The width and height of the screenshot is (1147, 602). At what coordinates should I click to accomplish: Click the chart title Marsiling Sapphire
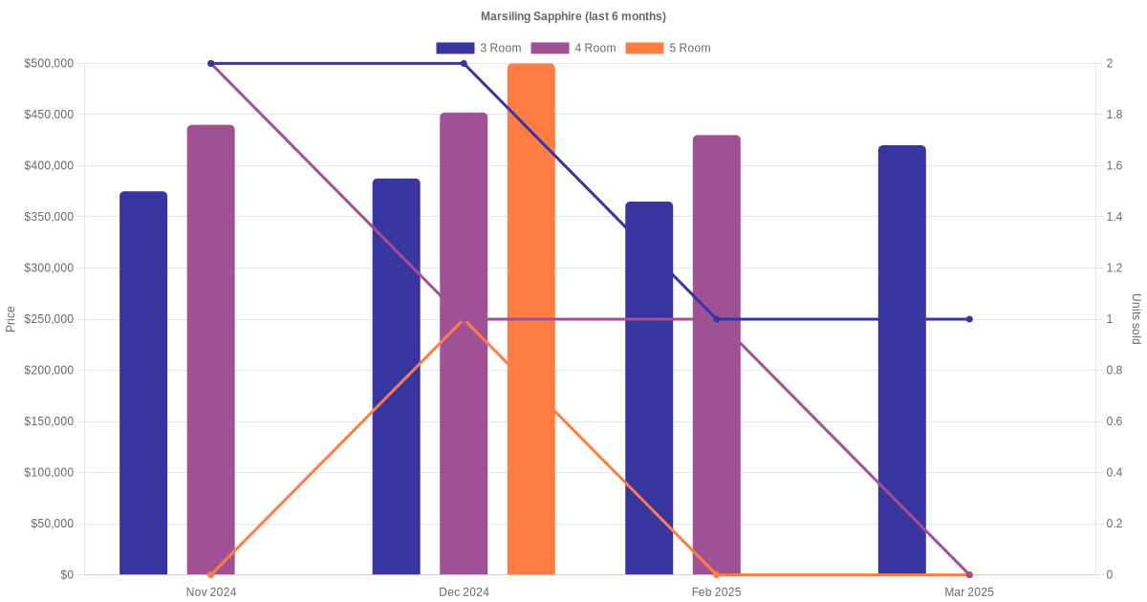coord(573,16)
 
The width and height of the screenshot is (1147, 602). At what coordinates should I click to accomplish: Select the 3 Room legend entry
coord(478,48)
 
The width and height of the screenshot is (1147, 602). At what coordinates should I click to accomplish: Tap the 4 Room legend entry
coord(573,48)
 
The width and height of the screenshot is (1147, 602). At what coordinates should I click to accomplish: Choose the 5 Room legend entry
coord(667,48)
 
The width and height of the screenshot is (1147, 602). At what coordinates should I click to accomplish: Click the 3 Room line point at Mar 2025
coord(969,319)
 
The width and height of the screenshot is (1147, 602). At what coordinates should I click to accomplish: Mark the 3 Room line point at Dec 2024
coord(464,64)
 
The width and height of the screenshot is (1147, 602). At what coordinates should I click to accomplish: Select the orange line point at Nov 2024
coord(211,574)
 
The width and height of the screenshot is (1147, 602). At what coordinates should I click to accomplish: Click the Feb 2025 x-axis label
coord(716,592)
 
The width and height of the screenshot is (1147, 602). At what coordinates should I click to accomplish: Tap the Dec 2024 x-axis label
coord(464,592)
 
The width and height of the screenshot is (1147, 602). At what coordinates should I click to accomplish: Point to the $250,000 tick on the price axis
coord(49,319)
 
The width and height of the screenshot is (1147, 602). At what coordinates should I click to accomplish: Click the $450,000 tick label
coord(49,115)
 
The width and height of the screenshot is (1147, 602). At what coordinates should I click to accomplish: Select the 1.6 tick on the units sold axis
coord(1115,166)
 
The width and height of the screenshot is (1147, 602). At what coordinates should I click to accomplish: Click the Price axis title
coord(11,319)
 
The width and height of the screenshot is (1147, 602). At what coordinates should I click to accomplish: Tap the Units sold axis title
coord(1136,319)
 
